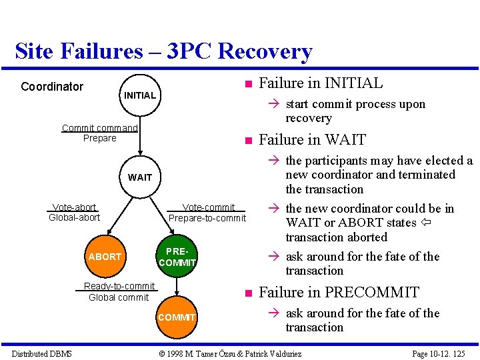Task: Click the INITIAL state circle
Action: pos(139,95)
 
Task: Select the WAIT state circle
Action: pos(139,177)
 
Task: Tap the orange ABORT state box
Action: pos(105,257)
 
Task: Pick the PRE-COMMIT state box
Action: pos(177,257)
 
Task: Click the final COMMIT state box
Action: pos(177,317)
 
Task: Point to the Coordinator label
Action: pos(52,87)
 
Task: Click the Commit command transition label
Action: pos(99,128)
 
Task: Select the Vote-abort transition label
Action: pos(74,207)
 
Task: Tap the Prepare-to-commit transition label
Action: pos(207,218)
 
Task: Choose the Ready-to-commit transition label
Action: pos(119,286)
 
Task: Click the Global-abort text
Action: pos(74,217)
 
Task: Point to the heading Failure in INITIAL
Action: pos(321,83)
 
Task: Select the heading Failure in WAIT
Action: pos(312,140)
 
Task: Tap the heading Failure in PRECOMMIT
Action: pos(339,292)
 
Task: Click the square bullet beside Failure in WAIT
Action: pos(247,141)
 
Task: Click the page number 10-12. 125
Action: pos(438,353)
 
